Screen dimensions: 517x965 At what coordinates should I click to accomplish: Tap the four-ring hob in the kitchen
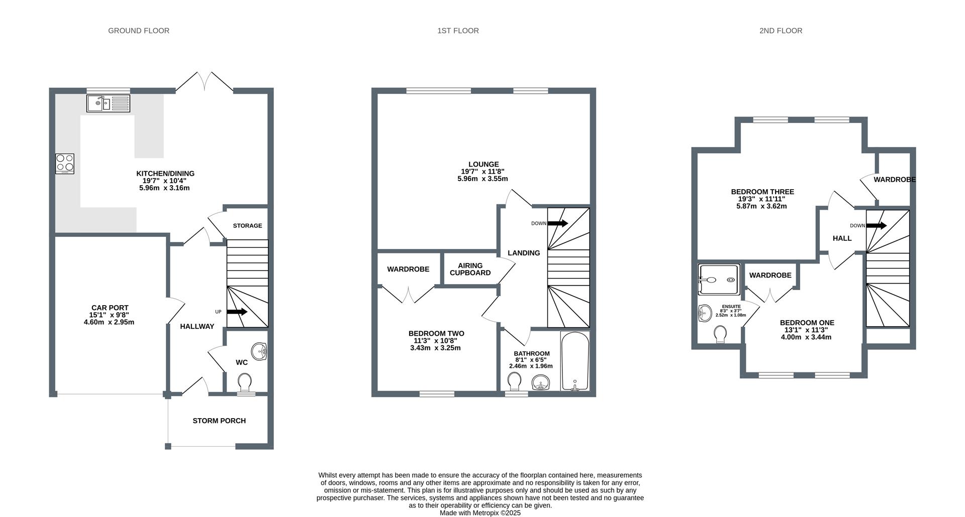(65, 164)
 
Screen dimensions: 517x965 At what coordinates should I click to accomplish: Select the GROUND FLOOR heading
(139, 31)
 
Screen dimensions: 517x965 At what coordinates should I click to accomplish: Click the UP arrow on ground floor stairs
(237, 312)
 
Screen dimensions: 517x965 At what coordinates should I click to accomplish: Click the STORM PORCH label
(219, 421)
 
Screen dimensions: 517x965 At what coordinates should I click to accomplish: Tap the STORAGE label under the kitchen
(247, 226)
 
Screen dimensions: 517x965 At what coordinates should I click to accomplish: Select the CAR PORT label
(110, 308)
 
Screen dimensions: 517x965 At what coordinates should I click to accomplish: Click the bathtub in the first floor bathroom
(575, 361)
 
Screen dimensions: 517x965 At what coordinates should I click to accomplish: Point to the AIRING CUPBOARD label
(470, 269)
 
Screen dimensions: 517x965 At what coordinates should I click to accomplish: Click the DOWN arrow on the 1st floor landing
(557, 223)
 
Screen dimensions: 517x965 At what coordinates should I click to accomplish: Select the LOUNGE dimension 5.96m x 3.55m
(482, 179)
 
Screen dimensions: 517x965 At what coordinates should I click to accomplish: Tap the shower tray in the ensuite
(719, 280)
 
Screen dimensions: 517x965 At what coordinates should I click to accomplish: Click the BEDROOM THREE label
(762, 192)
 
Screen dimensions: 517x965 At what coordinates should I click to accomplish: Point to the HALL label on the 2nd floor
(842, 238)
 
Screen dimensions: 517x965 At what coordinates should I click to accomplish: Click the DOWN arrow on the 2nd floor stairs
(876, 225)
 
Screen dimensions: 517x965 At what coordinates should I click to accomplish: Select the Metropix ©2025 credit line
(480, 513)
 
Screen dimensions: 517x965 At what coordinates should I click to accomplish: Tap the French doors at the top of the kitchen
(204, 82)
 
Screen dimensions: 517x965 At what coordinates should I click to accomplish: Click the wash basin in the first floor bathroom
(541, 383)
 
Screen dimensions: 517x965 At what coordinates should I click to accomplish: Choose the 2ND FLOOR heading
(781, 31)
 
